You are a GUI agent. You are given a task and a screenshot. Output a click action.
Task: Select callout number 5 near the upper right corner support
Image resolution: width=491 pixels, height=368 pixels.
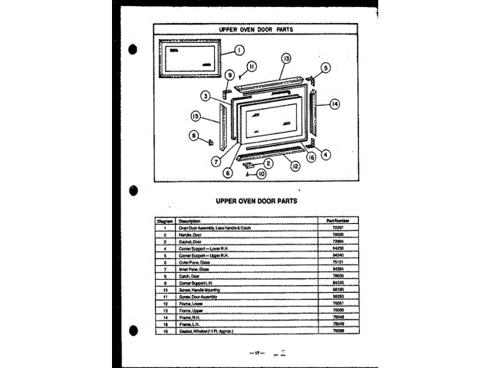pos(325,68)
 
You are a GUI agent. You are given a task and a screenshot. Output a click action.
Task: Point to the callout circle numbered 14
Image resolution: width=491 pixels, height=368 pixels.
pos(334,103)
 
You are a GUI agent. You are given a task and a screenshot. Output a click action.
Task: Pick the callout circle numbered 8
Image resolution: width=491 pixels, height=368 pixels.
pos(194,135)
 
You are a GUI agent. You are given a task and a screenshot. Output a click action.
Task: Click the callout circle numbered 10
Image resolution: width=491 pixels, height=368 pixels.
pos(261,174)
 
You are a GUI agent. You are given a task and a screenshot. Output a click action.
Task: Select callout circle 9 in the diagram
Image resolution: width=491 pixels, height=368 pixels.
pos(229,74)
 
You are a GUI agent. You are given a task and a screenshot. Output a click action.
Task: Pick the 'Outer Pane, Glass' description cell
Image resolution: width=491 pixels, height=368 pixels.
pos(195,262)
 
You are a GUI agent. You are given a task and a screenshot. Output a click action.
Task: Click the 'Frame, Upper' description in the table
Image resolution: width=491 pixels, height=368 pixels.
pos(191,310)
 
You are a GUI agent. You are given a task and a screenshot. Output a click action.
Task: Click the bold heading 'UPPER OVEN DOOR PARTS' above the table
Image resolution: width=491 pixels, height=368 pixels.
pos(245,201)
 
